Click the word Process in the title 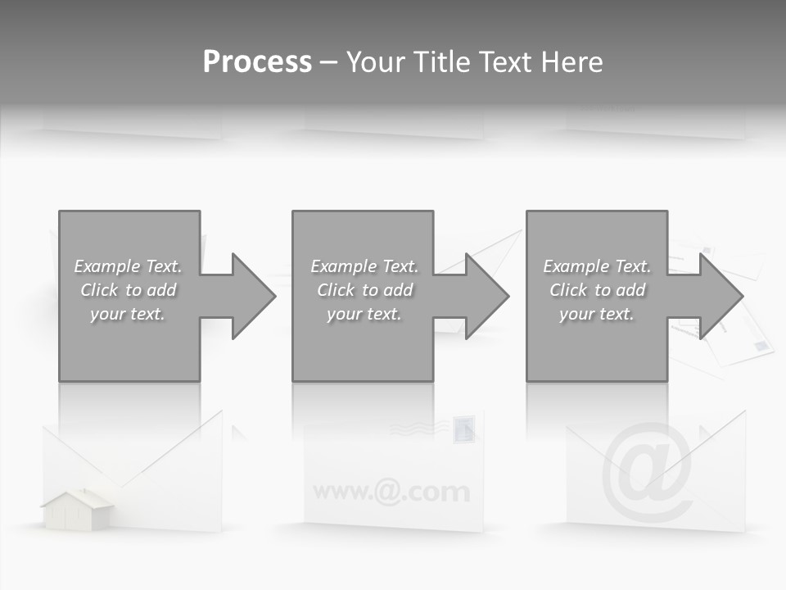click(x=257, y=62)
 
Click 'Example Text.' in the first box click(x=129, y=266)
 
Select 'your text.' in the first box click(x=129, y=314)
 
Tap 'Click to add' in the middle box click(x=364, y=290)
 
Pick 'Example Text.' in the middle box click(x=364, y=266)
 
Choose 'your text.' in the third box click(x=597, y=314)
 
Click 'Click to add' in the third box click(x=597, y=290)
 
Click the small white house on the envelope click(x=78, y=509)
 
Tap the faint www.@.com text click(x=391, y=492)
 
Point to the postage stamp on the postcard click(x=463, y=428)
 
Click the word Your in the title click(x=375, y=62)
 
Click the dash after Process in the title click(x=327, y=62)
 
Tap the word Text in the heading click(x=504, y=62)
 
